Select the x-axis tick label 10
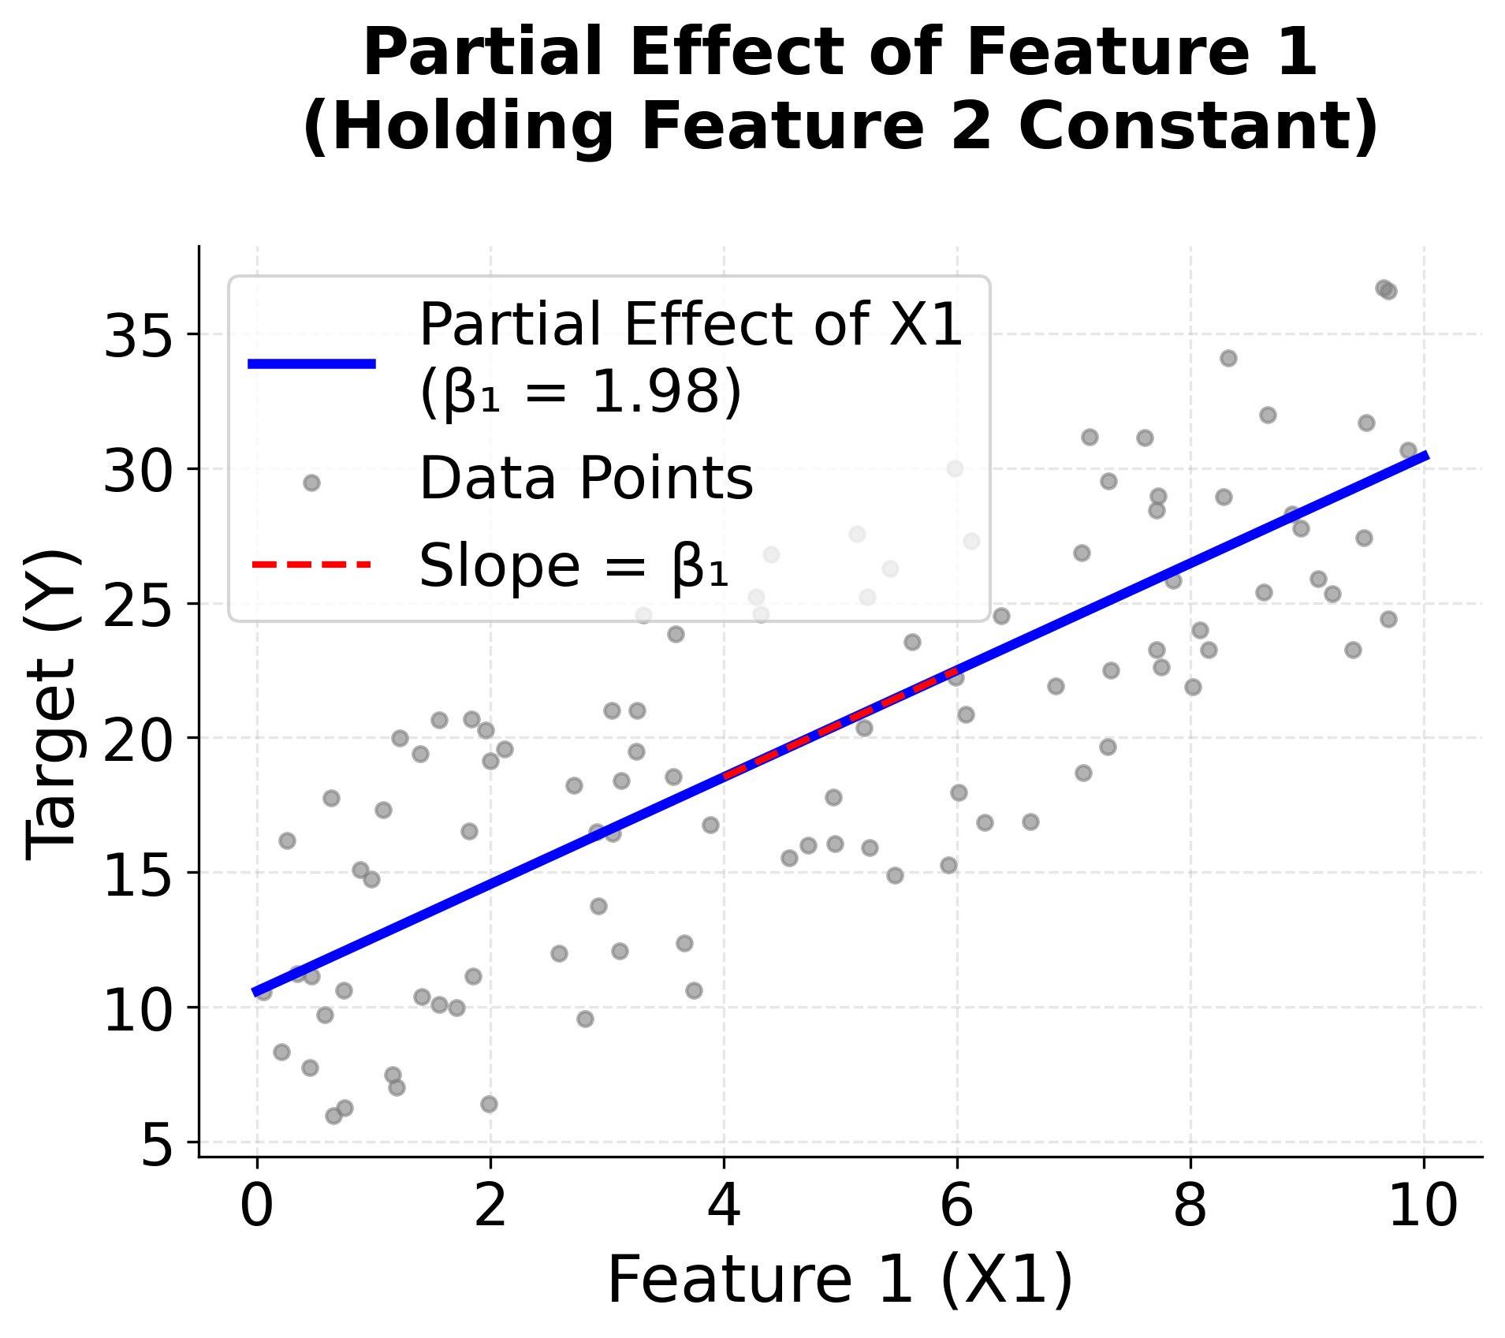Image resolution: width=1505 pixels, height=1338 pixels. pos(1422,1206)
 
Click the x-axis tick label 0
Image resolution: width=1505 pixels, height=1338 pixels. pos(257,1206)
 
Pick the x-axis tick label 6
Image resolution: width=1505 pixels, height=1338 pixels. pos(956,1206)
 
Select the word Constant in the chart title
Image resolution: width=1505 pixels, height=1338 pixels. pos(1198,128)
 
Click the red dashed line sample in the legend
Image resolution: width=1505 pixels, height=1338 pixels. pos(311,565)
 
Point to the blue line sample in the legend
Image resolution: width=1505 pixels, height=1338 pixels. pos(311,363)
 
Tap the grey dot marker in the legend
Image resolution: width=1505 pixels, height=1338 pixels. pos(311,483)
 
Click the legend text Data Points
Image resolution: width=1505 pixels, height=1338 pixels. pos(586,479)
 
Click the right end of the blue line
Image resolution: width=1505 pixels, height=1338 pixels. pos(1425,456)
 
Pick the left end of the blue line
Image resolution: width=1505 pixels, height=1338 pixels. pos(255,992)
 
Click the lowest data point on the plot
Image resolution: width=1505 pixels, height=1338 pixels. pos(333,1116)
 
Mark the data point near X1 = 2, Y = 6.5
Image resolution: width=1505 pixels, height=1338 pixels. pos(489,1104)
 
